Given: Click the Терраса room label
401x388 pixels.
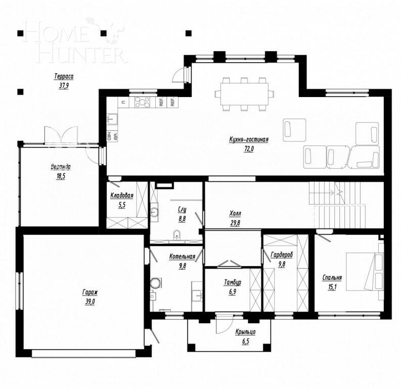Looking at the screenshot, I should click(64, 77).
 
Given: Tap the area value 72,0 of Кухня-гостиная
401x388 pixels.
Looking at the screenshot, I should click(248, 149).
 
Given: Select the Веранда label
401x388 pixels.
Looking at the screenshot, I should click(60, 167).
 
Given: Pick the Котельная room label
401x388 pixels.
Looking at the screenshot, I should click(182, 257).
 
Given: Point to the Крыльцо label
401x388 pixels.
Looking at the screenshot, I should click(245, 332).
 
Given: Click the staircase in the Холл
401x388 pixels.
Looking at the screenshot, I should click(337, 205).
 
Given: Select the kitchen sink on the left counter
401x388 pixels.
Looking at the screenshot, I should click(112, 120).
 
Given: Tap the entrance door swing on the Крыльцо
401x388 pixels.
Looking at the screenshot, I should click(222, 324).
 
